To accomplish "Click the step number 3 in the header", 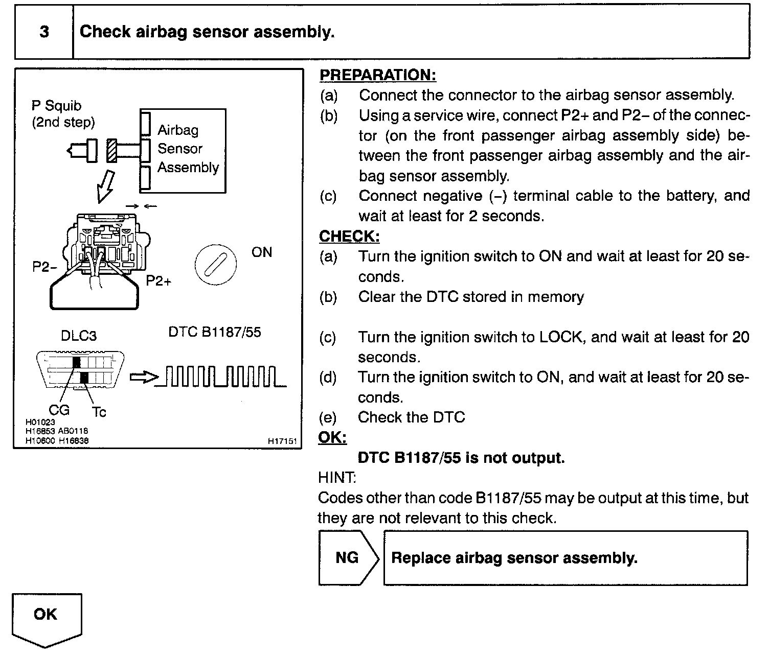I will tap(44, 32).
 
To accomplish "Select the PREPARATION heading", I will tap(377, 75).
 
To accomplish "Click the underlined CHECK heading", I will tap(349, 237).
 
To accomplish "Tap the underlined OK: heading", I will tap(332, 438).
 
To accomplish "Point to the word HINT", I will tap(337, 478).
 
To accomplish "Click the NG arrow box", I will tap(348, 557).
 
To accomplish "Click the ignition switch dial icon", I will tap(215, 265).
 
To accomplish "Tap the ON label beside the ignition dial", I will tap(262, 252).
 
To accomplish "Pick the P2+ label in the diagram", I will tap(159, 281).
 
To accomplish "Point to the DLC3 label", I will tap(79, 336).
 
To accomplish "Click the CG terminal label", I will tap(59, 409).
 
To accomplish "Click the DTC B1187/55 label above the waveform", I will tap(215, 333).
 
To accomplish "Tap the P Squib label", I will tap(56, 106).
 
